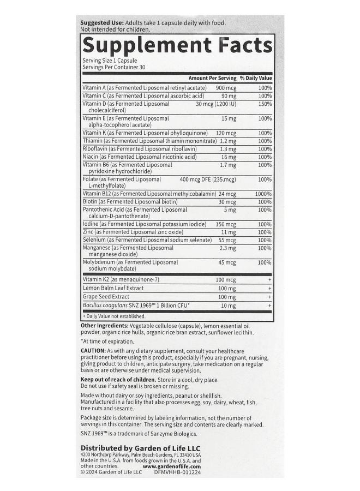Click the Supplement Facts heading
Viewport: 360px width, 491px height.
coord(177,45)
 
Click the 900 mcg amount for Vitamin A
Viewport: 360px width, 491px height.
coord(226,88)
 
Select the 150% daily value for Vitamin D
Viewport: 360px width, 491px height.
coord(265,103)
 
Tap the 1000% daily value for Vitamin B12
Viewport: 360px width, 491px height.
coord(263,194)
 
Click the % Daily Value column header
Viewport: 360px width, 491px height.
coord(255,79)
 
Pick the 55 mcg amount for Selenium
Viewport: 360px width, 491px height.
coord(227,240)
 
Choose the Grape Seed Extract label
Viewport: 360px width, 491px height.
coord(108,297)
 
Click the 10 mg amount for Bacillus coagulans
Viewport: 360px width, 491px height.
coord(228,306)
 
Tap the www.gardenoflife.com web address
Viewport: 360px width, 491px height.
coord(172,466)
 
